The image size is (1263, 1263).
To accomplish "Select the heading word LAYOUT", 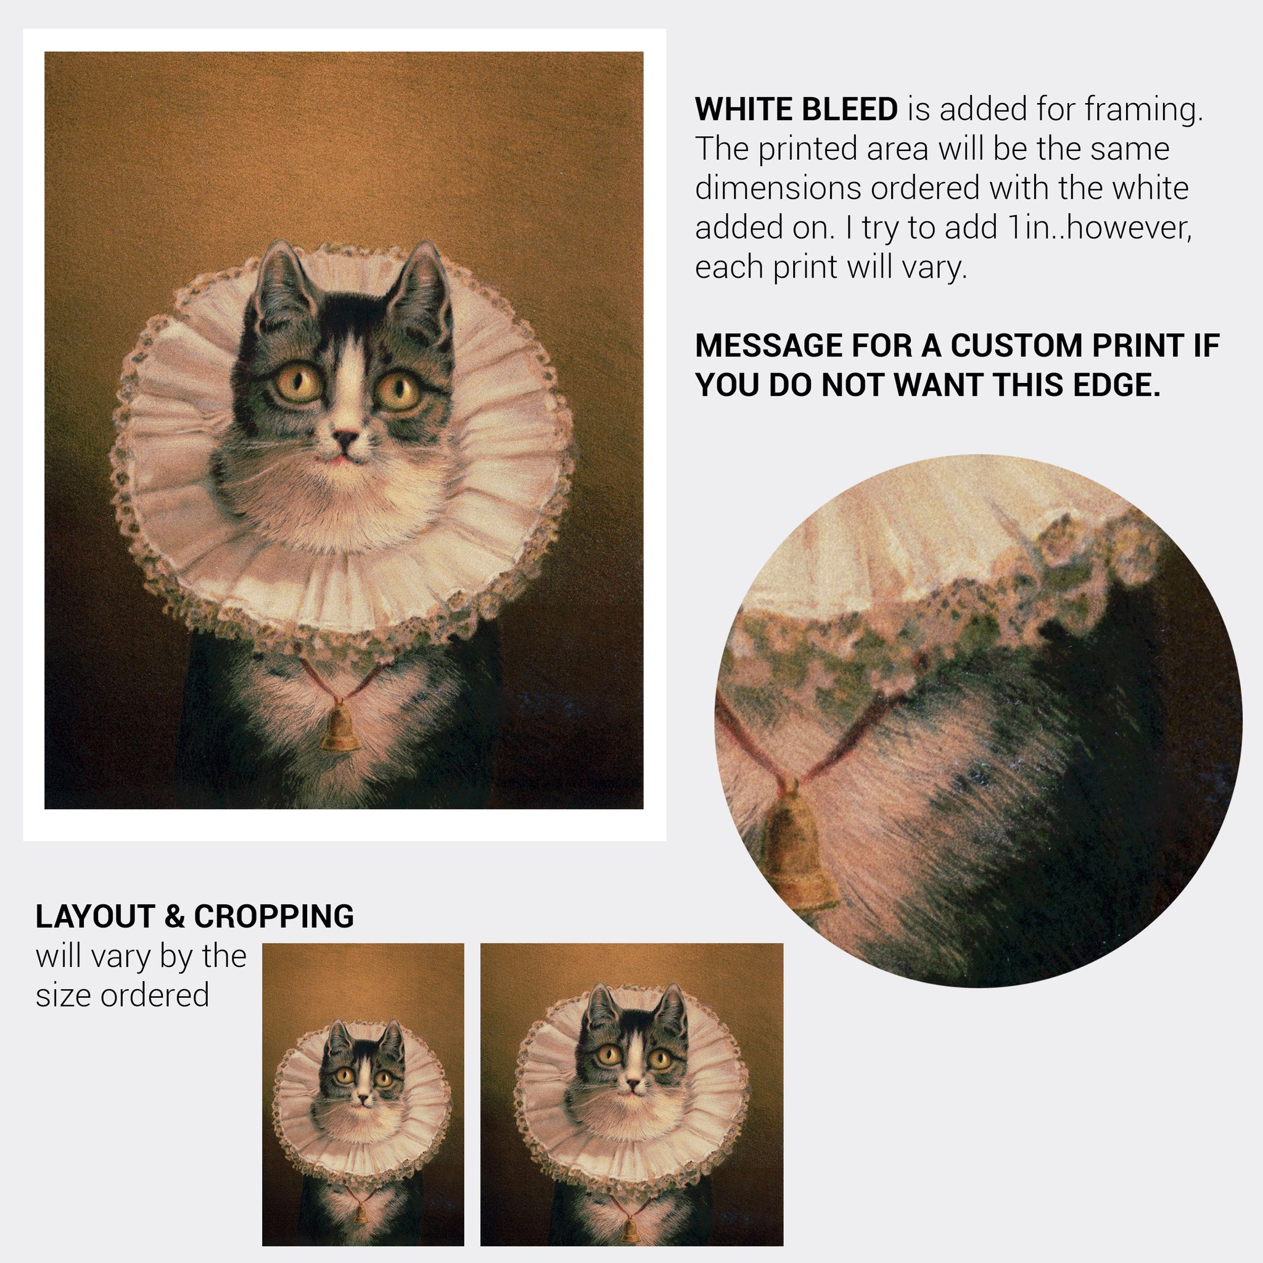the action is (94, 916).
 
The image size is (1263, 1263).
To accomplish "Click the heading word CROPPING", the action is (274, 916).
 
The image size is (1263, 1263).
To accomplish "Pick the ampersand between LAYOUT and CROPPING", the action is (173, 916).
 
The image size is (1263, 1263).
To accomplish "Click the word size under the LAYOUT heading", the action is (64, 995).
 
